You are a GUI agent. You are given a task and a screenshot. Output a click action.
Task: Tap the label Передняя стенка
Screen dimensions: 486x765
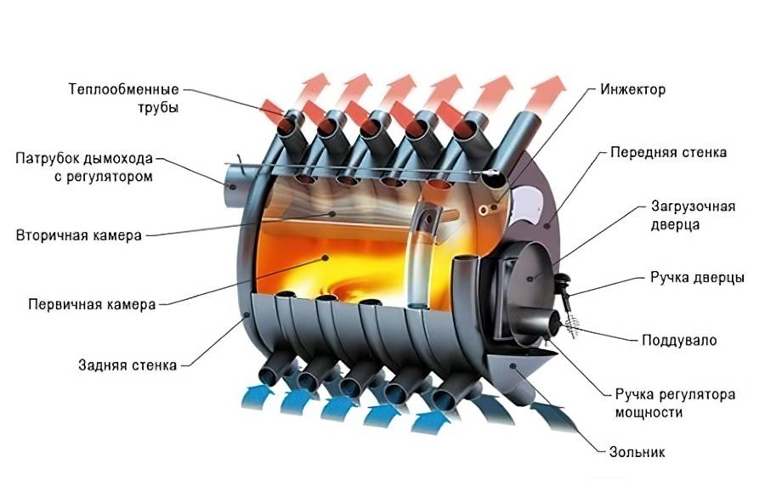(668, 153)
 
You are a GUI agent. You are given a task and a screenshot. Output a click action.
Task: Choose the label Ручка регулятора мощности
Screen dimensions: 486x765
(675, 404)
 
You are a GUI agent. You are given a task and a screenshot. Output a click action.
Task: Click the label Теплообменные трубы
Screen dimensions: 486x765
(135, 97)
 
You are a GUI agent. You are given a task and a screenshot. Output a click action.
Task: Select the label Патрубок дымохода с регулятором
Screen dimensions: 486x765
(84, 168)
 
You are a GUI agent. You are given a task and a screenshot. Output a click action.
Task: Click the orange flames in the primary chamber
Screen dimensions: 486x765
(340, 263)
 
